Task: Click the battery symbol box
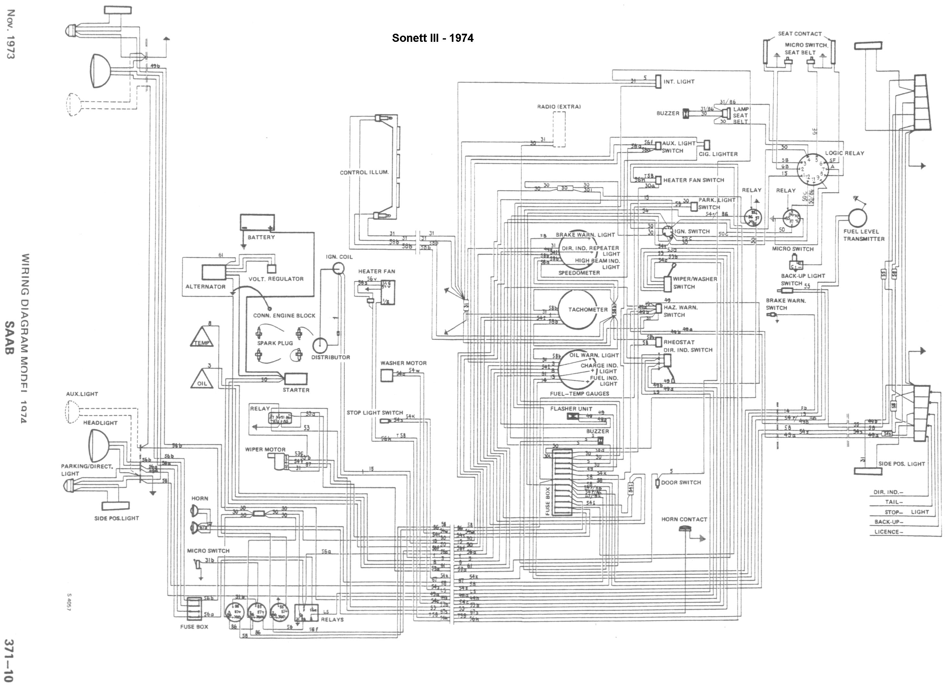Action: (257, 222)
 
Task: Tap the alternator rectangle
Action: (214, 272)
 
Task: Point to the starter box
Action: (296, 379)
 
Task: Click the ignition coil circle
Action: (338, 268)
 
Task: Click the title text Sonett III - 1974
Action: (433, 38)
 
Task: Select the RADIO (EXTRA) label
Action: (559, 107)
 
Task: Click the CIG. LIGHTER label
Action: (718, 154)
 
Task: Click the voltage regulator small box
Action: (272, 269)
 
